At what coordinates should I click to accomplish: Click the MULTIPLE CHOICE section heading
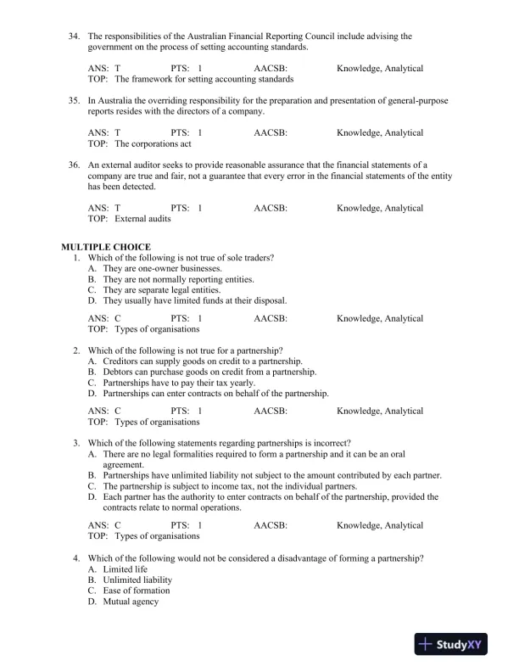tap(105, 246)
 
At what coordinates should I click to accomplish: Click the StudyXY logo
tap(453, 645)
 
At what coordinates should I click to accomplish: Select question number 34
tap(74, 36)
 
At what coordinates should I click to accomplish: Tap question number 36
tap(74, 164)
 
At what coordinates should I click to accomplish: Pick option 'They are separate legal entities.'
tap(162, 289)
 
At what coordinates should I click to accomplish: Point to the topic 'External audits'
tap(142, 219)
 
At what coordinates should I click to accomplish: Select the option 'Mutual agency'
tap(131, 602)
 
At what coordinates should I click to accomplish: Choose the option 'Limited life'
tap(127, 568)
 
